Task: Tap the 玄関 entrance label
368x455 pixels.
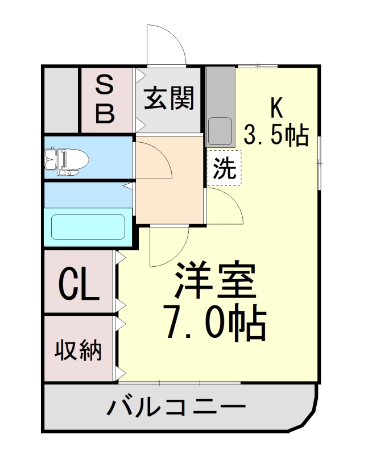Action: pyautogui.click(x=169, y=98)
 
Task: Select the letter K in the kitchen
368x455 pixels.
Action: pyautogui.click(x=276, y=106)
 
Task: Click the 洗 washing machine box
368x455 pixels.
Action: pyautogui.click(x=224, y=168)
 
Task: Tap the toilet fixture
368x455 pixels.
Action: pyautogui.click(x=66, y=159)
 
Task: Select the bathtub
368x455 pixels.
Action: pyautogui.click(x=88, y=227)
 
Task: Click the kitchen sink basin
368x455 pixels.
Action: pyautogui.click(x=220, y=131)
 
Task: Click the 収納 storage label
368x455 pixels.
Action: pyautogui.click(x=79, y=350)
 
